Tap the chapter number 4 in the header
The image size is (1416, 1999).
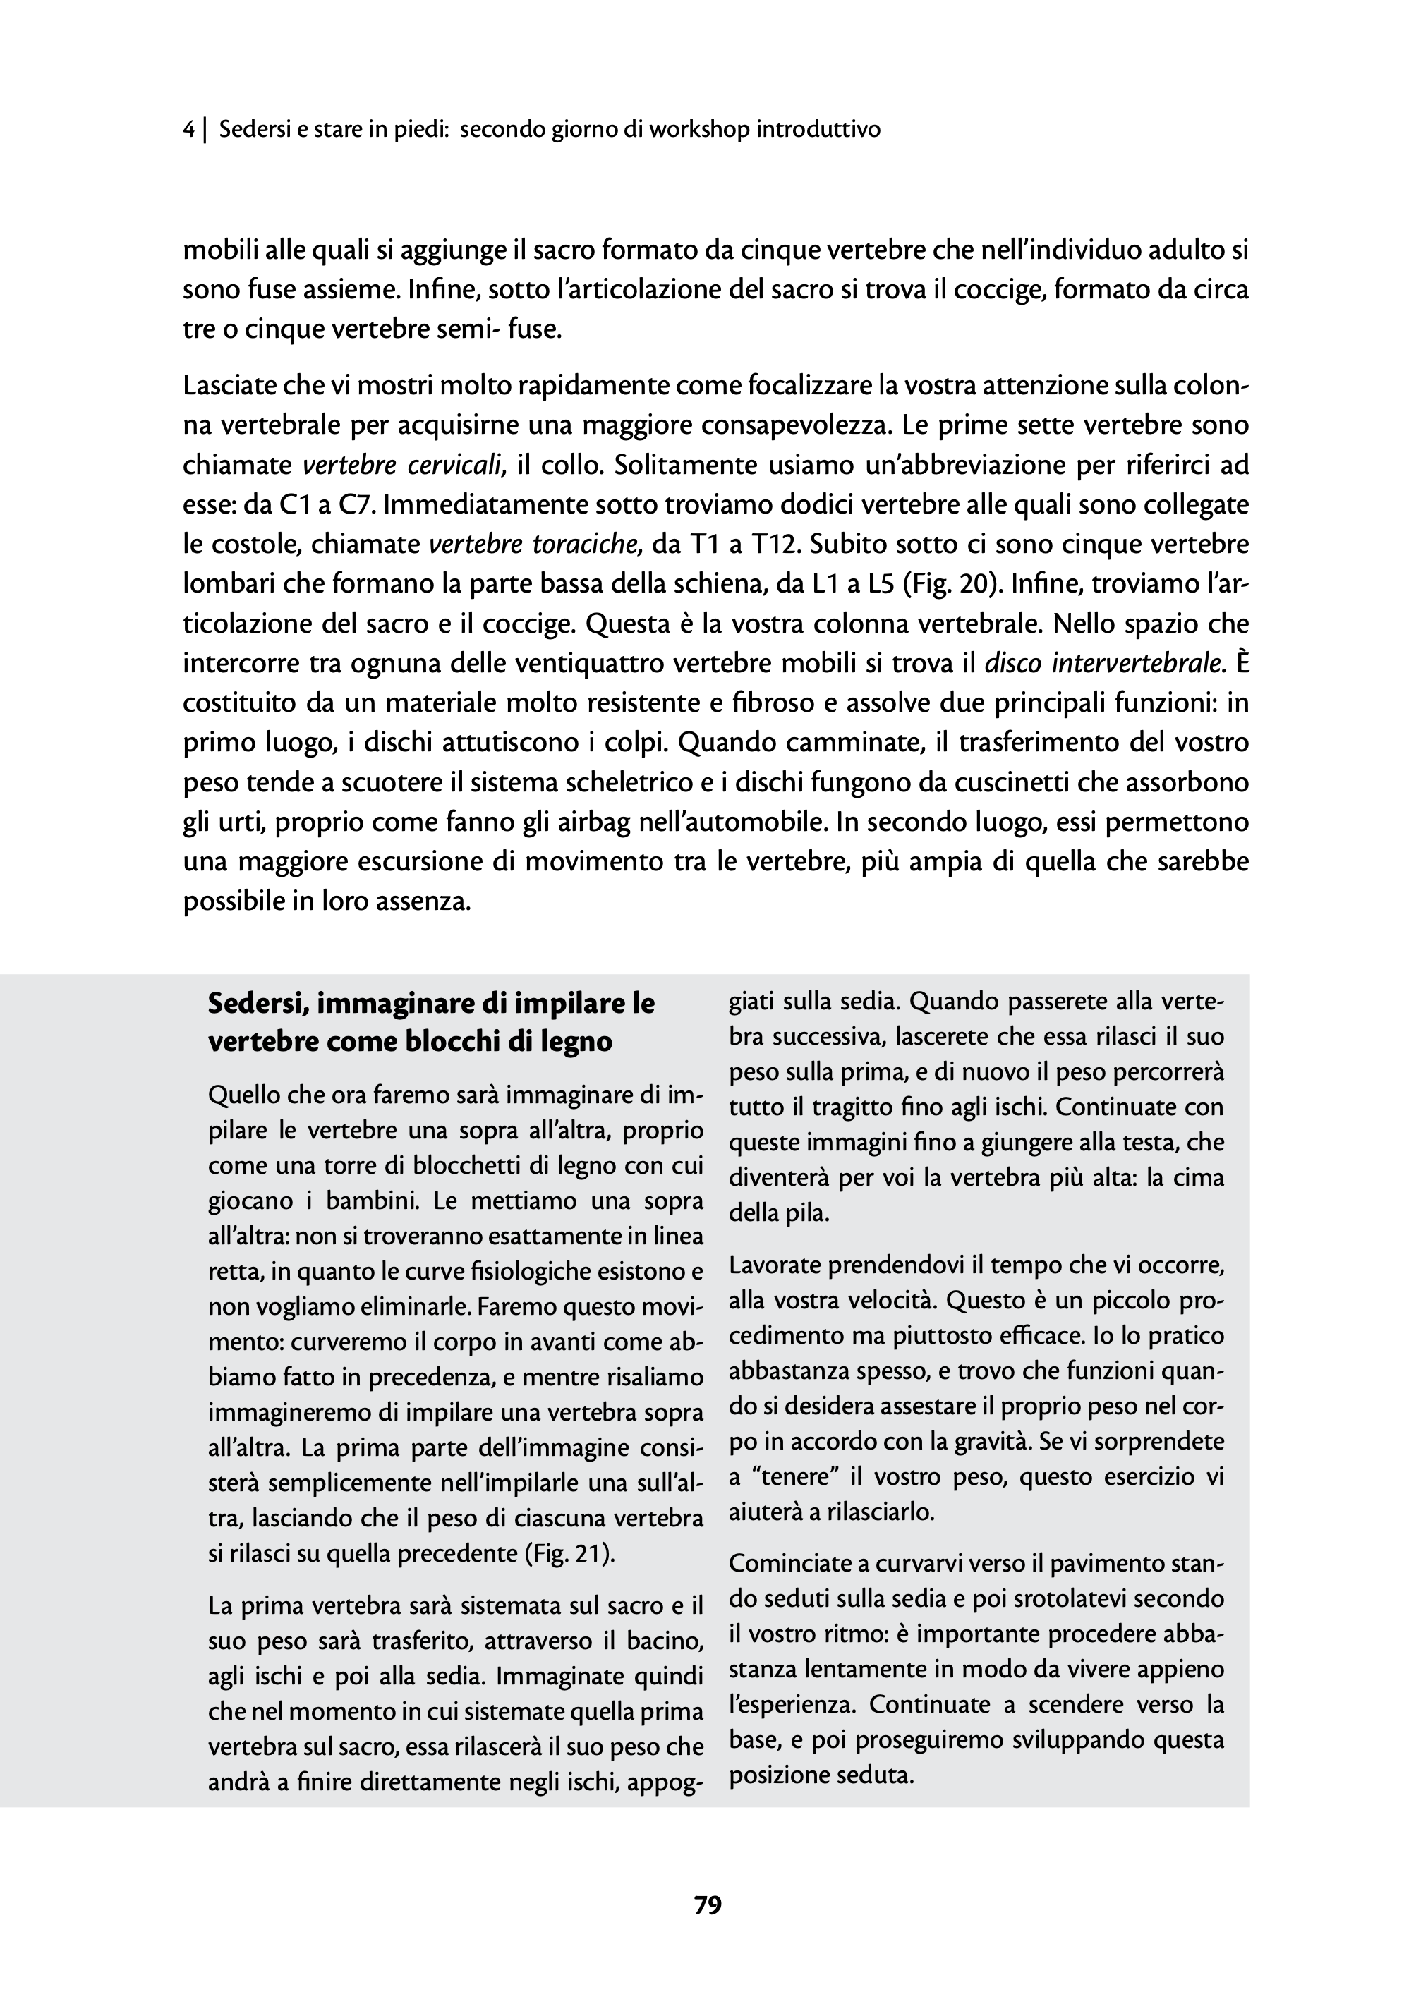click(188, 130)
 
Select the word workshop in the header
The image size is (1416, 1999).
click(700, 130)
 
